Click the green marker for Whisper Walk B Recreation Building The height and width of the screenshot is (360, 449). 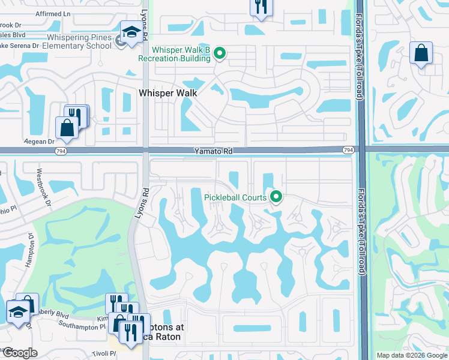click(x=220, y=54)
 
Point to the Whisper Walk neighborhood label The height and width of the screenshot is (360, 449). click(x=167, y=93)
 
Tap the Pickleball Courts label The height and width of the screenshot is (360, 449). click(x=235, y=197)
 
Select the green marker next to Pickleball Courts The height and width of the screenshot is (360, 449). click(x=276, y=196)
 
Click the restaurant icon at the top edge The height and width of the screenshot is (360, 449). click(x=261, y=7)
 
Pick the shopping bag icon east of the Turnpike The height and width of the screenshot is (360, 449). click(x=421, y=53)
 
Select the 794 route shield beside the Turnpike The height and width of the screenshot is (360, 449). click(x=348, y=149)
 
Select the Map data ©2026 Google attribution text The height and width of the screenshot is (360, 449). click(x=411, y=355)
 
